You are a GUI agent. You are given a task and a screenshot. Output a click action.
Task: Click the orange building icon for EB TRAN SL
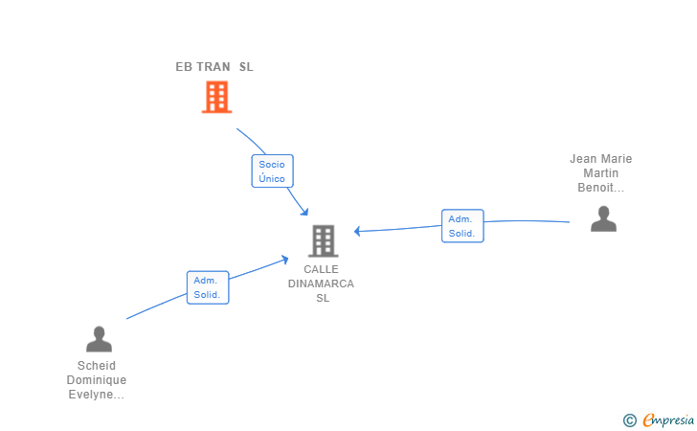tap(217, 97)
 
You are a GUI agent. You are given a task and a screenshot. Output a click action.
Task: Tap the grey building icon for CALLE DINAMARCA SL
tap(324, 240)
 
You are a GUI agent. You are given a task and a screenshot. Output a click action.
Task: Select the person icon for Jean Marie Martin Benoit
tap(603, 219)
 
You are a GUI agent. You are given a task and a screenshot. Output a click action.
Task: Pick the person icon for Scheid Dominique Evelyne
tap(99, 339)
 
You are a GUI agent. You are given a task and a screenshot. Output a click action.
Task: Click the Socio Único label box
tap(272, 171)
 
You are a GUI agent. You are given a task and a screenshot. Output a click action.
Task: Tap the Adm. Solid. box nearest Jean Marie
tap(462, 226)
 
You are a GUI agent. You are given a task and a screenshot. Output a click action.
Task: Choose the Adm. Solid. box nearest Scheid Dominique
tap(208, 287)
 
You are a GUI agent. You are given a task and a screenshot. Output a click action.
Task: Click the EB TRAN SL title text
tap(214, 67)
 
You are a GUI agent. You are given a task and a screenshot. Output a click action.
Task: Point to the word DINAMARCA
tap(321, 284)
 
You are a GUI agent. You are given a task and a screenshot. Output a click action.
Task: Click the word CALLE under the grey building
tap(322, 269)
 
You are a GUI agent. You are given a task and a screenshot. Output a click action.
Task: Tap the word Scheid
tap(96, 366)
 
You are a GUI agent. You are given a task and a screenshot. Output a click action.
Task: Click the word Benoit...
tap(598, 188)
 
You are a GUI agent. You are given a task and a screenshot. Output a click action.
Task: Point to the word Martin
tap(600, 173)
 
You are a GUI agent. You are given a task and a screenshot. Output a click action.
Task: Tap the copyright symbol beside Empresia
tap(629, 420)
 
